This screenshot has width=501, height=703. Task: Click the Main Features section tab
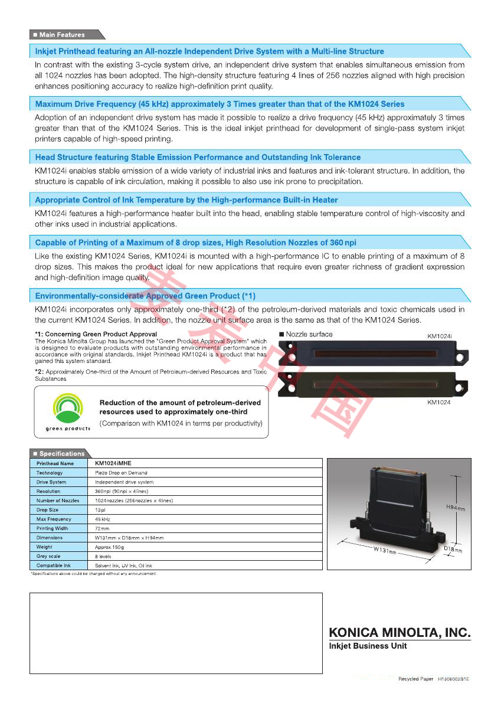tap(62, 35)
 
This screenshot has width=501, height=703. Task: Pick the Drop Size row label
tap(48, 510)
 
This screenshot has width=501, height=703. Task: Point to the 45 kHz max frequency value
tap(103, 519)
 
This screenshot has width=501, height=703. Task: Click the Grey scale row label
tap(50, 556)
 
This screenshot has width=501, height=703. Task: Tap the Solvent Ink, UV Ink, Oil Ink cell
tap(123, 565)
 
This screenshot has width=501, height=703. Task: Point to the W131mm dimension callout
tap(384, 551)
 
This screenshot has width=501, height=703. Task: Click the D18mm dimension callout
tap(453, 550)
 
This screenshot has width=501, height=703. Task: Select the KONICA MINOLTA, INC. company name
tap(400, 633)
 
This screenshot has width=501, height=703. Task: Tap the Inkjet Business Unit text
tap(368, 646)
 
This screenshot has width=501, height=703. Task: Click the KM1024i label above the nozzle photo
tap(439, 336)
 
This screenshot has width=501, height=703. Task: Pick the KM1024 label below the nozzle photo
tap(439, 402)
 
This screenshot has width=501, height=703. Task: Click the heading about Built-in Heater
tap(186, 200)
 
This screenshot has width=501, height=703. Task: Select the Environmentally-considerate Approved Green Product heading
tap(145, 296)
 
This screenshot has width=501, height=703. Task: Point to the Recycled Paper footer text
tap(415, 679)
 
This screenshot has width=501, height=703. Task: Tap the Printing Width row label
tap(53, 528)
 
